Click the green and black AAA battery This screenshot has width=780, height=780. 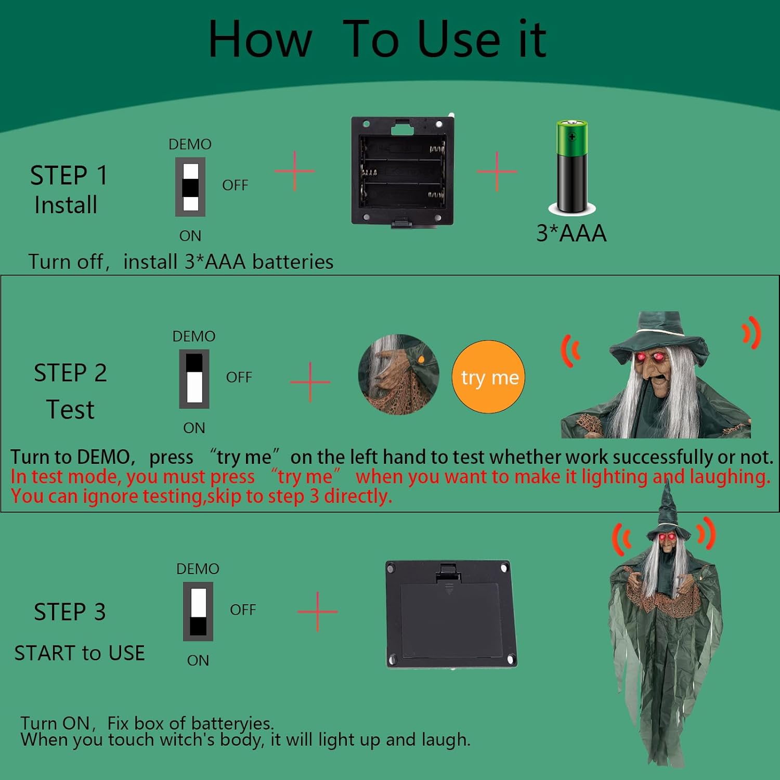point(572,167)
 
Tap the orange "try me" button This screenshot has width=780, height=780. point(489,377)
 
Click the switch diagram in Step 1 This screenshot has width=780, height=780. point(190,187)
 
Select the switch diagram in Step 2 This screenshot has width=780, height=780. point(194,379)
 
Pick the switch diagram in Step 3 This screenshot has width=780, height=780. point(198,612)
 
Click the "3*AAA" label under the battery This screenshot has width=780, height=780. point(571,233)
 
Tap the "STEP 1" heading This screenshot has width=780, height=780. point(69,175)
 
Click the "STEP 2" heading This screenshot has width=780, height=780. point(70,373)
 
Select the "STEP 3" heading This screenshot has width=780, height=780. point(70,612)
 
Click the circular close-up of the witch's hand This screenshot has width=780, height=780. point(399,374)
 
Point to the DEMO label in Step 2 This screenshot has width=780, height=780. point(194,336)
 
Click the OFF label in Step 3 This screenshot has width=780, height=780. point(243,609)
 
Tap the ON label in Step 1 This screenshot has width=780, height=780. point(190,236)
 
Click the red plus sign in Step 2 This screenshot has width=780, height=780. point(310,382)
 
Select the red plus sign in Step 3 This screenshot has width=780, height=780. point(318,612)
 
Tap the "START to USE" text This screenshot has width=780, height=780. point(80,653)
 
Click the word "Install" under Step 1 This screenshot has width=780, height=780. point(66,205)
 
